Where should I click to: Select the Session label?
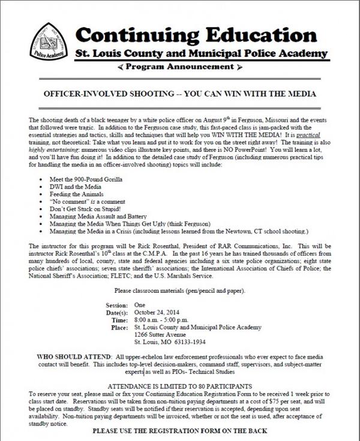[x=116, y=305]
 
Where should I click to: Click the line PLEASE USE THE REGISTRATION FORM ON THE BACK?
[x=180, y=431]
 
